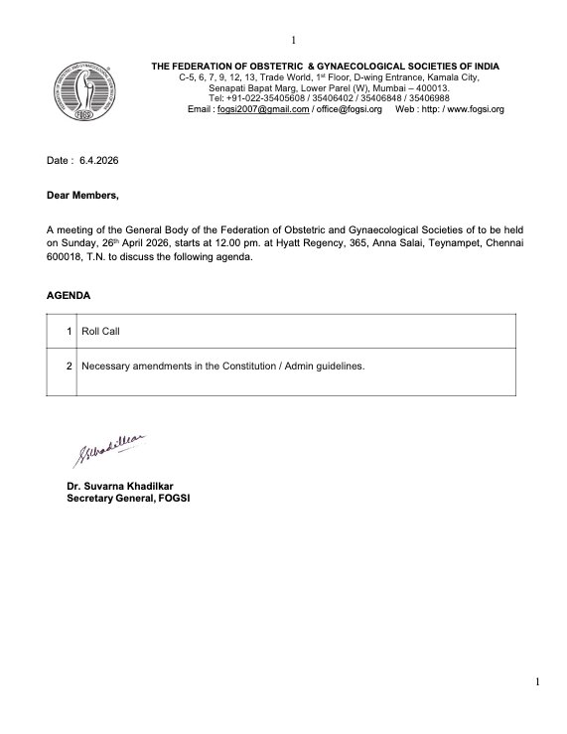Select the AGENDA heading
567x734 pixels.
[x=68, y=296]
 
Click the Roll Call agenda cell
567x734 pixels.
[x=100, y=330]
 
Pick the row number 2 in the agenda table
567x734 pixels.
[x=68, y=366]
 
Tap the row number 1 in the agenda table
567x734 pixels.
[x=68, y=330]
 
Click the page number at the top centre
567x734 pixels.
[x=294, y=12]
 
